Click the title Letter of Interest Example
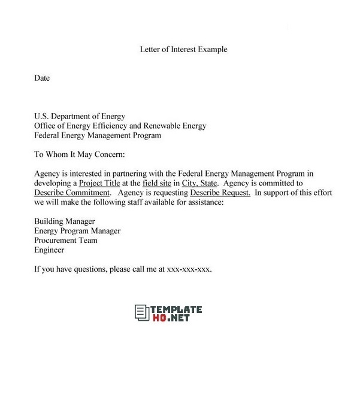(x=183, y=50)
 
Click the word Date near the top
(x=42, y=78)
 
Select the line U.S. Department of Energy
(x=80, y=117)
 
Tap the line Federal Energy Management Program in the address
(x=98, y=136)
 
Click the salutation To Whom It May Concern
(x=79, y=155)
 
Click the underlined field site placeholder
(x=158, y=183)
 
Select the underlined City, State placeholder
(x=199, y=183)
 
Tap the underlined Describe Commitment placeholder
(x=72, y=193)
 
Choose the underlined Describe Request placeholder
(x=220, y=193)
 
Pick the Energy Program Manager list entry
(x=77, y=231)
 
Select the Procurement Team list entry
(x=66, y=241)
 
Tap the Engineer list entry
(x=49, y=250)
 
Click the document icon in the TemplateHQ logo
(x=141, y=312)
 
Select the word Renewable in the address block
(x=165, y=126)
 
